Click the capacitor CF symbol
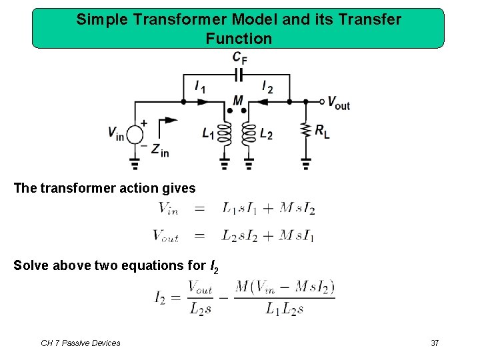pyautogui.click(x=238, y=74)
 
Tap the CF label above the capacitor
pyautogui.click(x=239, y=58)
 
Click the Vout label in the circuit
pyautogui.click(x=338, y=103)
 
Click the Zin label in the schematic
pyautogui.click(x=160, y=151)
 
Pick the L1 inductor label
pyautogui.click(x=209, y=133)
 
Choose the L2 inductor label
pyautogui.click(x=266, y=133)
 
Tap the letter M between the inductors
pyautogui.click(x=238, y=101)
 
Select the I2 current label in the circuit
pyautogui.click(x=267, y=87)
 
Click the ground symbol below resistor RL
pyautogui.click(x=306, y=163)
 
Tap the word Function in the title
pyautogui.click(x=239, y=39)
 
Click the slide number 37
pyautogui.click(x=435, y=343)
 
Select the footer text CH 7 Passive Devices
pyautogui.click(x=81, y=343)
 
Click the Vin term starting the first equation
pyautogui.click(x=168, y=208)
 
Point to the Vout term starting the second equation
pyautogui.click(x=165, y=235)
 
